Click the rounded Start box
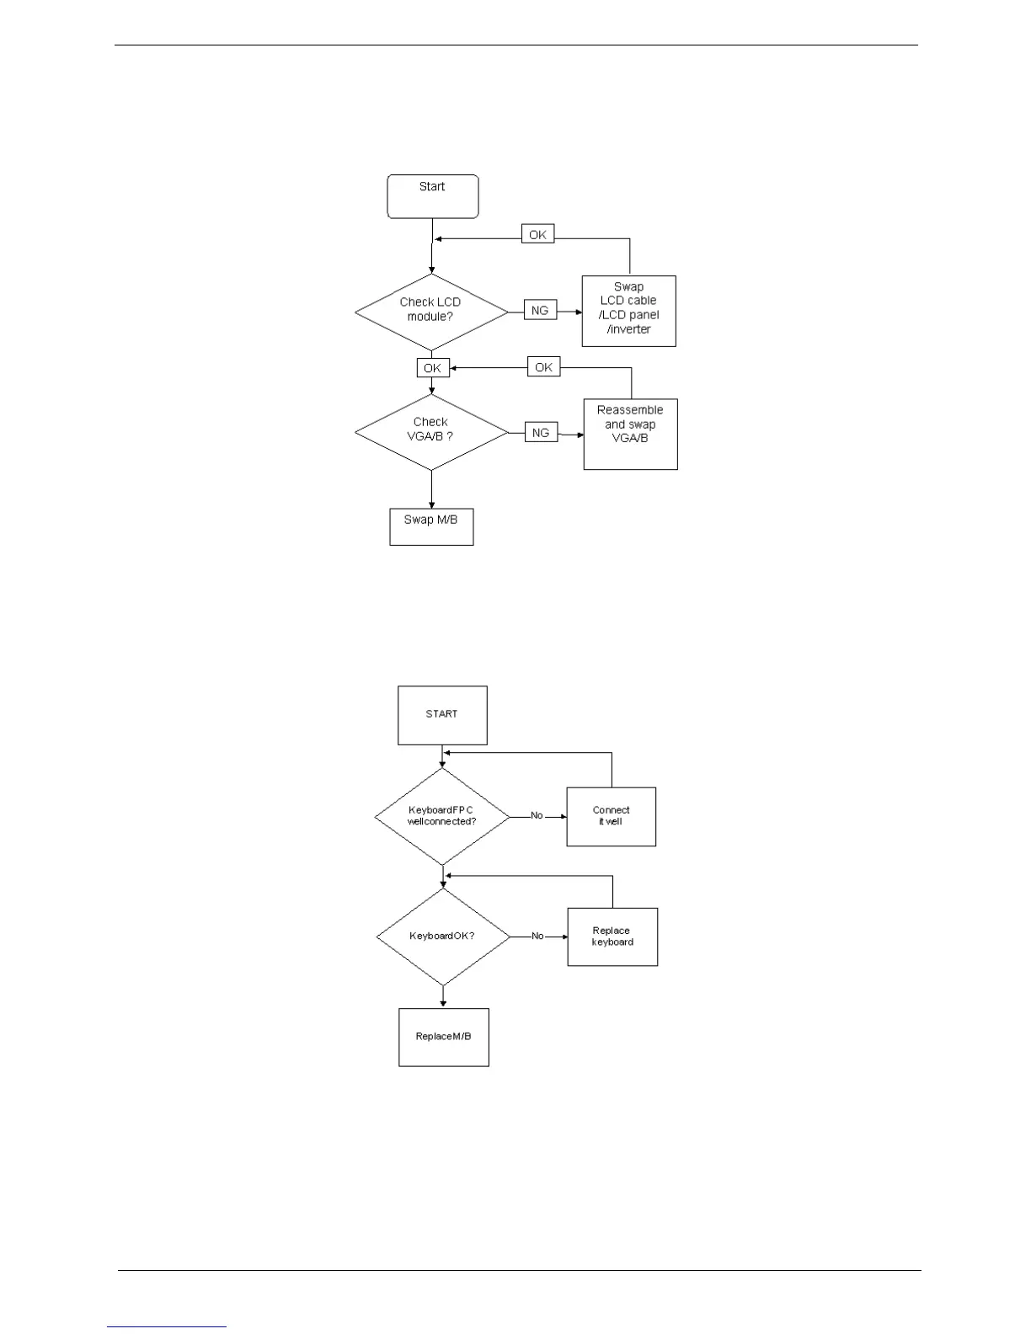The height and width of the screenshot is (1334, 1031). tap(432, 196)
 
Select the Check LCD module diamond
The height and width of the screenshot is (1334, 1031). tap(431, 312)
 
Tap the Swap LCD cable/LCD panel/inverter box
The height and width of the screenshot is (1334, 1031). tap(628, 310)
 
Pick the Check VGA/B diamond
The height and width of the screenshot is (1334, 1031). tap(431, 431)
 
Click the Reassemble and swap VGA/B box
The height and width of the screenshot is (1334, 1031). tap(630, 433)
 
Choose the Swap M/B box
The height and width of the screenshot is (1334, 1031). tap(431, 526)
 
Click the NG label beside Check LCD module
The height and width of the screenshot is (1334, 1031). tap(540, 311)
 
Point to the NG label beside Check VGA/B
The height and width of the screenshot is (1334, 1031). tap(541, 433)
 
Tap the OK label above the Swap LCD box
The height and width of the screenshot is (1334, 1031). tap(537, 235)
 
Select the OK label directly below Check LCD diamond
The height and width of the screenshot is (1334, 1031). tap(432, 368)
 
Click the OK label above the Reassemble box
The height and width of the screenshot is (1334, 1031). tap(544, 367)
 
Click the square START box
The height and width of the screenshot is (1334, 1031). tap(442, 715)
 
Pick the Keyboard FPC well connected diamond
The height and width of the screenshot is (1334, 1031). tap(441, 816)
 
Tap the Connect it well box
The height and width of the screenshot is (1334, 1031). tap(611, 816)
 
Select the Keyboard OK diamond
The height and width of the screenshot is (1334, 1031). tap(442, 936)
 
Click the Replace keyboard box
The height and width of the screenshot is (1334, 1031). tap(612, 936)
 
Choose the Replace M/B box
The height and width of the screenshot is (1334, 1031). tap(443, 1037)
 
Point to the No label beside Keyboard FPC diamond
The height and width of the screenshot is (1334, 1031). tap(537, 815)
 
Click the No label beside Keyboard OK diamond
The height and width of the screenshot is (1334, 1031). tap(537, 936)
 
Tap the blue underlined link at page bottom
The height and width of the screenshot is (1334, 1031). tap(167, 1326)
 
